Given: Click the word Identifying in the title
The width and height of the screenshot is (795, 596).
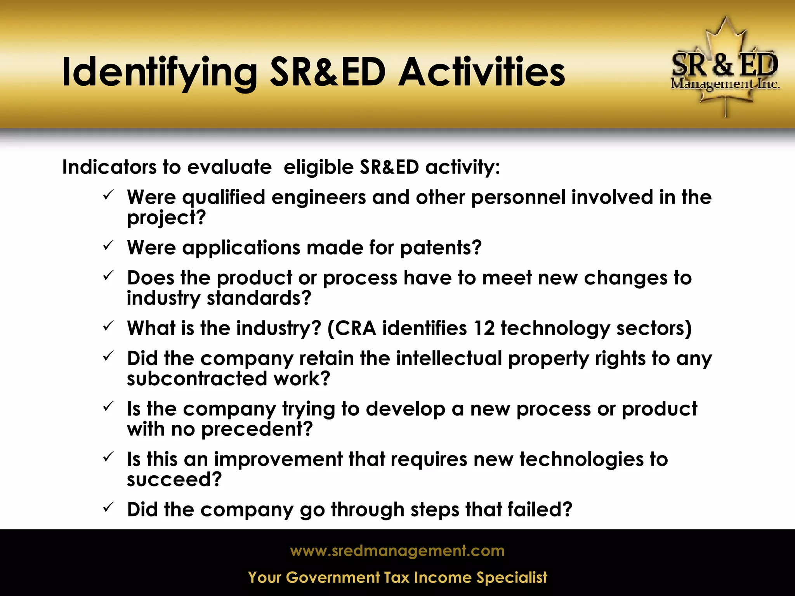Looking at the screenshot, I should tap(159, 73).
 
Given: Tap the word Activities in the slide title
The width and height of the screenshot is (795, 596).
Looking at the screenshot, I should tap(482, 73).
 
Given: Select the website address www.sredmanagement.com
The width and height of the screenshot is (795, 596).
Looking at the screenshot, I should tap(397, 551).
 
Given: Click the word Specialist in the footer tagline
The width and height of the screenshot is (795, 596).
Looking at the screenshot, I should tap(512, 577).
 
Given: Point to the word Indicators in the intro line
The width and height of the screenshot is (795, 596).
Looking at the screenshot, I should tap(109, 167).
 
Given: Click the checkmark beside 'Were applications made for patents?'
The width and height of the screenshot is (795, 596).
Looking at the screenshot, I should tap(108, 245).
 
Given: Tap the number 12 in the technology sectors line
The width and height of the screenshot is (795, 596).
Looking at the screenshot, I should tap(484, 328).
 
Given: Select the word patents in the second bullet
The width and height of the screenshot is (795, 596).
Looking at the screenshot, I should tap(440, 248).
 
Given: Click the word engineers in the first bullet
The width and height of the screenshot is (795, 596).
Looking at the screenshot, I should tap(318, 197).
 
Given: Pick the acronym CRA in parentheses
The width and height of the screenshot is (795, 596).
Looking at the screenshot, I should tap(355, 328).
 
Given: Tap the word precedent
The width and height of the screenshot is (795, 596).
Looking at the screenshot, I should tap(257, 429).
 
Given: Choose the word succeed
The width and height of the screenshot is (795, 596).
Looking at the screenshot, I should tap(174, 480).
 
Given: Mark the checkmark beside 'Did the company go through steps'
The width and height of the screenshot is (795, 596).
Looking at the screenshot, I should tap(108, 507).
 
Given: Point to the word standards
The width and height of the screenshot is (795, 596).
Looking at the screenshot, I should tap(259, 298).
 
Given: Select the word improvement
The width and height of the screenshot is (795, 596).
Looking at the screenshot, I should tap(278, 459).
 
